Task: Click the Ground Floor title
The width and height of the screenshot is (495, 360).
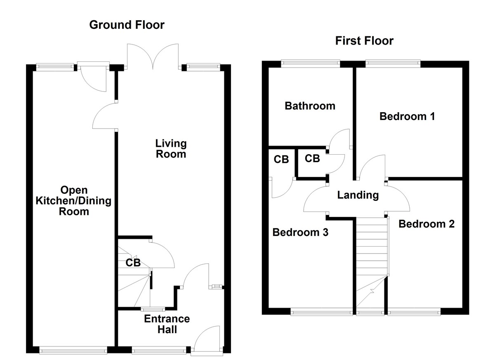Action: click(x=127, y=25)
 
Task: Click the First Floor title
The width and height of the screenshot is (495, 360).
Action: click(x=364, y=41)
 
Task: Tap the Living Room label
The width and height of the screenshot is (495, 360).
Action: click(x=170, y=149)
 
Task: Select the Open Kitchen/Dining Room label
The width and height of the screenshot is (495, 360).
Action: click(x=74, y=201)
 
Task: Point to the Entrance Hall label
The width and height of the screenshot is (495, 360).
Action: click(x=167, y=324)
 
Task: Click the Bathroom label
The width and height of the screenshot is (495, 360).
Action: click(x=310, y=106)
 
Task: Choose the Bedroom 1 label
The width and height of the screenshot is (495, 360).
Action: click(x=407, y=117)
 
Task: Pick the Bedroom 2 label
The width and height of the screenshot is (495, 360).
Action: click(x=427, y=224)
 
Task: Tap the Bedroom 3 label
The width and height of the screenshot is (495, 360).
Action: click(x=300, y=233)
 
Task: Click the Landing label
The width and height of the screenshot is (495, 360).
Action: click(x=358, y=195)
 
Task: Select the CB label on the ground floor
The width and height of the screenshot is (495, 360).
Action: click(x=133, y=263)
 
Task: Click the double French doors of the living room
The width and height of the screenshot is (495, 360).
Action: click(x=153, y=56)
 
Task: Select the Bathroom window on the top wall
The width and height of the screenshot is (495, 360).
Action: click(x=311, y=63)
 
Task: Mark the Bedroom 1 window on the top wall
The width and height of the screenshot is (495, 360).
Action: click(x=393, y=63)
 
